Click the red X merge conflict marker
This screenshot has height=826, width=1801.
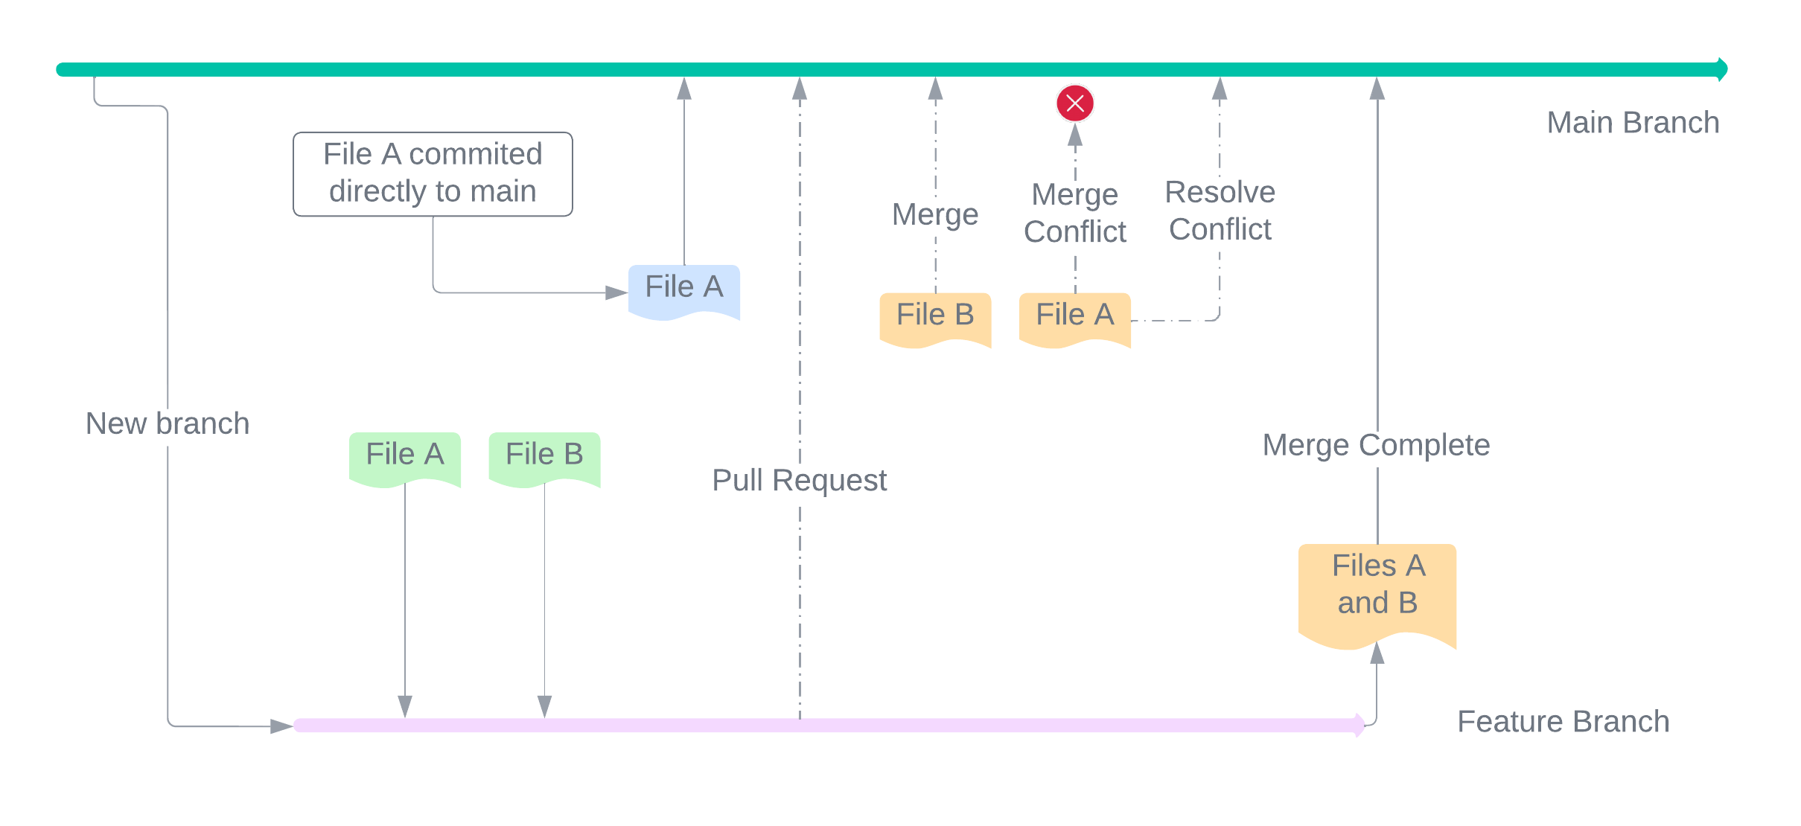(1075, 103)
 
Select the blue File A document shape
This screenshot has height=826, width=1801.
(683, 290)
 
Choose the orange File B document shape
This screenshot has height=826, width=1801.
(935, 318)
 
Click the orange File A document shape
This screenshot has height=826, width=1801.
(1074, 318)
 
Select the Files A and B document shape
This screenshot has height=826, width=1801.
(1377, 592)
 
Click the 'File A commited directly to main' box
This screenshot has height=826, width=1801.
(433, 173)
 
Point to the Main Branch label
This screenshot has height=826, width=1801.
(1633, 123)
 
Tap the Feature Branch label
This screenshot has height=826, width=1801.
(1563, 721)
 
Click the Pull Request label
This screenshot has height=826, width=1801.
(799, 480)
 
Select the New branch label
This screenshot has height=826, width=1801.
(168, 423)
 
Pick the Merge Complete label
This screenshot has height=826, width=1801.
(1376, 445)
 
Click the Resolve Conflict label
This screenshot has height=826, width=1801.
(1220, 211)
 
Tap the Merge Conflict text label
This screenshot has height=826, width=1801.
(1074, 213)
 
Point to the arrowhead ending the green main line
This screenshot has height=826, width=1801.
(1722, 69)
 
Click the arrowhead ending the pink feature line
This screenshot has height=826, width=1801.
(1359, 725)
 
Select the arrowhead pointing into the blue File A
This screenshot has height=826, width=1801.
(616, 292)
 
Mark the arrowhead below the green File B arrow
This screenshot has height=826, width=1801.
(544, 705)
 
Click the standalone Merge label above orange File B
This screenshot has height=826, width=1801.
(935, 214)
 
